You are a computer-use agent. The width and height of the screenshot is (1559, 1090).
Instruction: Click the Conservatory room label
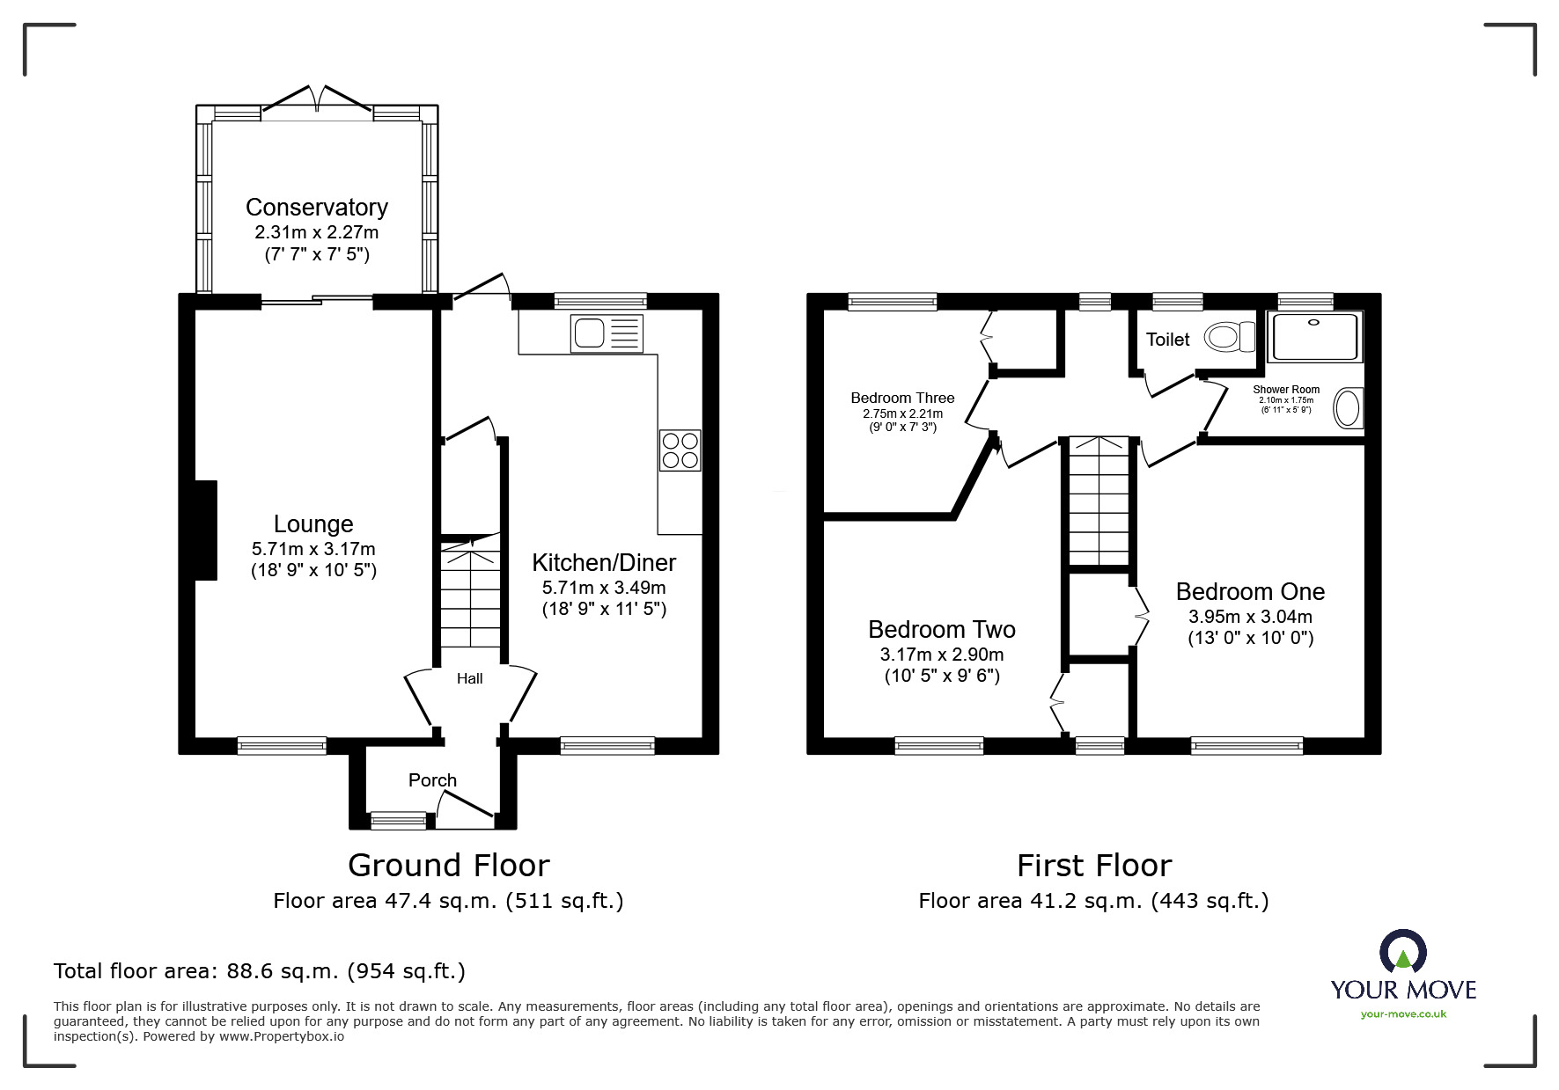click(x=316, y=208)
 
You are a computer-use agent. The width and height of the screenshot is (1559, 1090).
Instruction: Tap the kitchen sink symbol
click(x=607, y=333)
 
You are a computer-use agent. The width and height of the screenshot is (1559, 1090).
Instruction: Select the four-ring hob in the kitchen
click(x=680, y=450)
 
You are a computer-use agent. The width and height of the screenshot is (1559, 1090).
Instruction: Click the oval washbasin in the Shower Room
click(x=1347, y=409)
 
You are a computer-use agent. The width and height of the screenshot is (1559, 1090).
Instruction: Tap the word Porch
click(x=432, y=780)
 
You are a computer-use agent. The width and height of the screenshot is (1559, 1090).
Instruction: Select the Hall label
click(x=469, y=678)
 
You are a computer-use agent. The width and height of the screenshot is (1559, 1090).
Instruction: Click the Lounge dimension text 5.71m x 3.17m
click(x=313, y=548)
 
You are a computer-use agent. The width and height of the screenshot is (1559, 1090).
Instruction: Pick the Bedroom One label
click(x=1249, y=592)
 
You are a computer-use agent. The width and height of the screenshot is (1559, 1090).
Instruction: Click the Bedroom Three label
click(x=901, y=399)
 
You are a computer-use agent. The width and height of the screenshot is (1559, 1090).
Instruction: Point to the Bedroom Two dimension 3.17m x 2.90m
click(x=941, y=655)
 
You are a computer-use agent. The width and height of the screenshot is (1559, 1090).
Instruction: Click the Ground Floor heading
click(x=448, y=866)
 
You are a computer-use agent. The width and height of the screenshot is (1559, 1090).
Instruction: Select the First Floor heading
click(x=1093, y=866)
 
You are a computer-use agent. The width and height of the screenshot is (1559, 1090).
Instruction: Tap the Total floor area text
click(x=260, y=971)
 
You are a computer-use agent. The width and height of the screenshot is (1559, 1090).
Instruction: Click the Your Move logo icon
click(x=1402, y=952)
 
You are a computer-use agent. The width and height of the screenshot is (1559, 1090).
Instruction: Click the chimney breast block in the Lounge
click(x=205, y=530)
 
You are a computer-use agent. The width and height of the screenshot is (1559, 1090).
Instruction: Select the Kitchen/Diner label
click(x=604, y=563)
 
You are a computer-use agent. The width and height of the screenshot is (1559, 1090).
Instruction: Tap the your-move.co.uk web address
click(x=1403, y=1014)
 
